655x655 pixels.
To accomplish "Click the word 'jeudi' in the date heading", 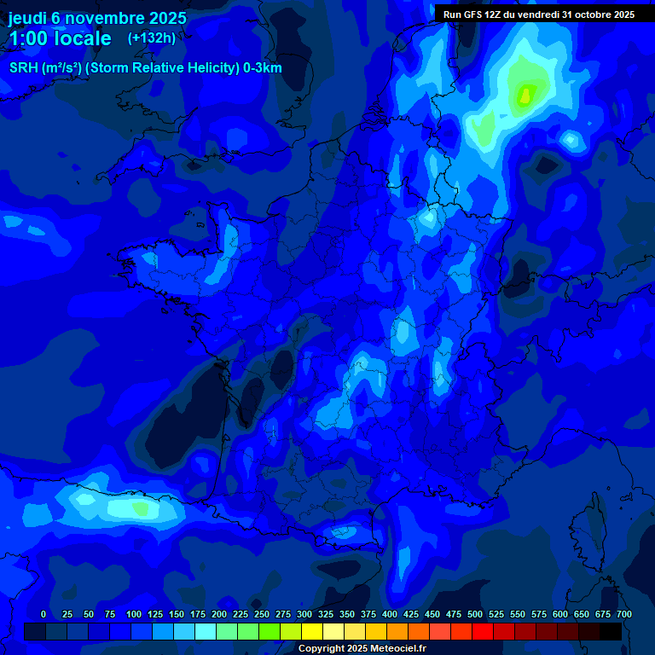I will click(x=29, y=18).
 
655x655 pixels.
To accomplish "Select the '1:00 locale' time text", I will click(x=60, y=38).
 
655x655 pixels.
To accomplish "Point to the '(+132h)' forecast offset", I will click(x=152, y=38).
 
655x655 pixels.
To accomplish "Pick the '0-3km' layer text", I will click(x=263, y=68).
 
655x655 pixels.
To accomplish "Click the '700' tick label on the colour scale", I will click(x=623, y=614).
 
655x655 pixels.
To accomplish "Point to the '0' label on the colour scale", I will click(x=43, y=614).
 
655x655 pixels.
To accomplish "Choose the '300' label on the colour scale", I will click(x=304, y=614).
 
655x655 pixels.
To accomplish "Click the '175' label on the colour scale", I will click(x=198, y=614).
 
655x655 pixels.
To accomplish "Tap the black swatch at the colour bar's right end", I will click(x=611, y=631).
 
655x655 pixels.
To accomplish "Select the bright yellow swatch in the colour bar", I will click(x=312, y=631).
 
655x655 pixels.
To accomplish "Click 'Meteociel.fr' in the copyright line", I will click(x=397, y=649).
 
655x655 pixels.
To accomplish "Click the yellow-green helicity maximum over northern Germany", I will click(x=525, y=96).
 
